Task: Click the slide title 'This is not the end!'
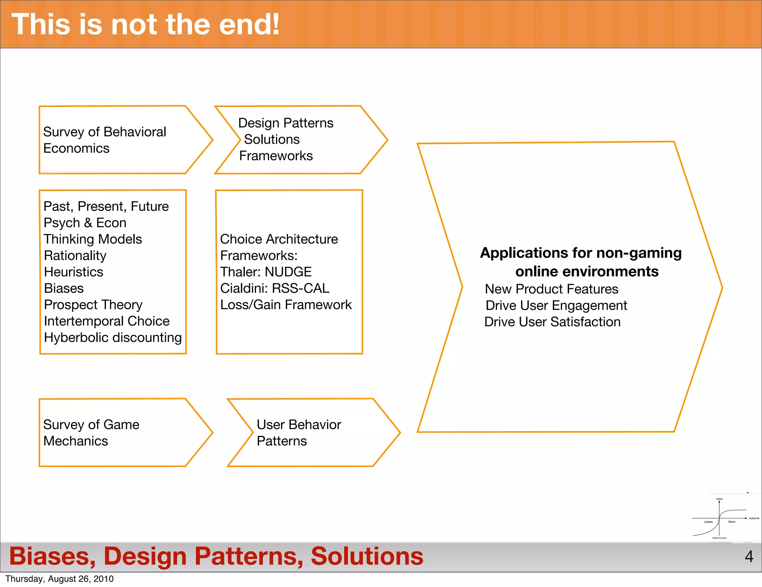click(145, 25)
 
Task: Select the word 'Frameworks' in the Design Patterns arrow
click(276, 156)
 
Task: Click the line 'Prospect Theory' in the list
click(93, 305)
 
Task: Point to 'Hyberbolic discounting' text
click(113, 337)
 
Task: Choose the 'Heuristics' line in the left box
click(73, 272)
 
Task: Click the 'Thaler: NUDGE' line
click(266, 272)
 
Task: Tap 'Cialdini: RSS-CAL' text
click(275, 288)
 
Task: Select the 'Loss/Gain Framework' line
click(286, 305)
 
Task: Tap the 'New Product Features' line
click(551, 289)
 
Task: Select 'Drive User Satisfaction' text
click(552, 322)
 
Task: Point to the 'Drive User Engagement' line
click(556, 305)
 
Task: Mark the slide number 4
click(749, 556)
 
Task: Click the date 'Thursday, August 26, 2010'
click(60, 579)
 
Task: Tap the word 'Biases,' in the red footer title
click(52, 556)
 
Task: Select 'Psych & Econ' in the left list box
click(85, 223)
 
